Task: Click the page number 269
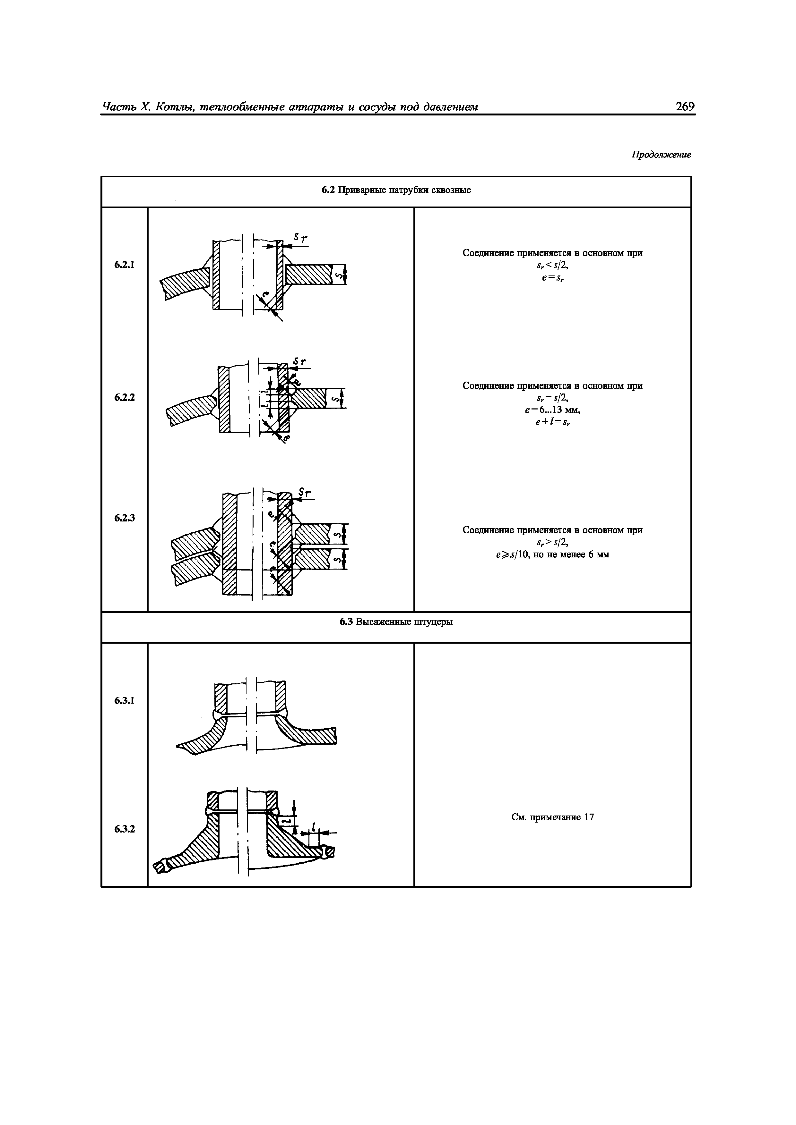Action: [x=685, y=106]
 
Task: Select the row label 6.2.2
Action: [x=125, y=397]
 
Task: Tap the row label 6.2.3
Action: [x=125, y=518]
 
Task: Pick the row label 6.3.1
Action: [x=125, y=701]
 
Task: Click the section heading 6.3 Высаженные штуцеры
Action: [x=396, y=622]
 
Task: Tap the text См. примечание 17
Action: [x=553, y=817]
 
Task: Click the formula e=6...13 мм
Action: [x=553, y=410]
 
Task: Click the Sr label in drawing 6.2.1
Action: [x=300, y=238]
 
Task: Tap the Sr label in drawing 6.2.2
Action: [x=299, y=362]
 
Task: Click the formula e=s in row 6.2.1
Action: [x=553, y=278]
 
